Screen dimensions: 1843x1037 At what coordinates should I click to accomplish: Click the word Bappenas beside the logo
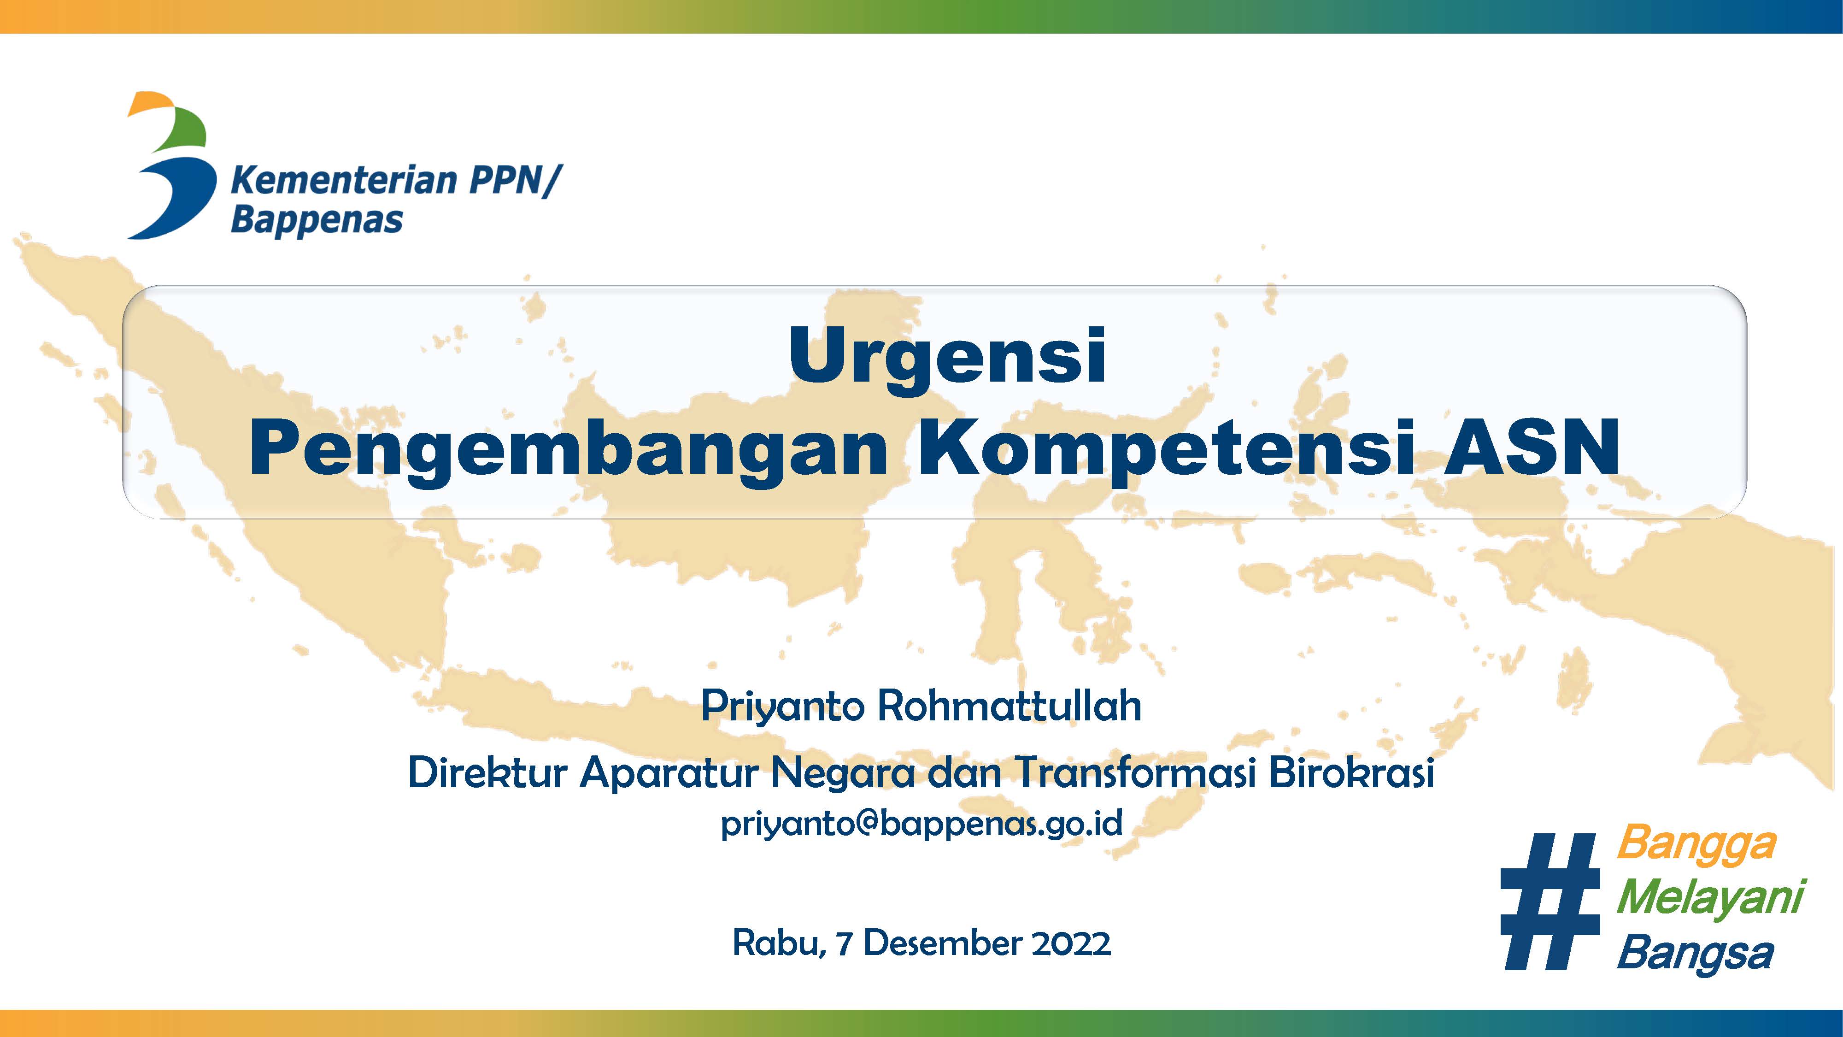317,220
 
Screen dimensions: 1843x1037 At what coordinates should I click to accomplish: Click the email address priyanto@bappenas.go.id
921,824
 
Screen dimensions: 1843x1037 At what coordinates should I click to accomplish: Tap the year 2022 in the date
1071,943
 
